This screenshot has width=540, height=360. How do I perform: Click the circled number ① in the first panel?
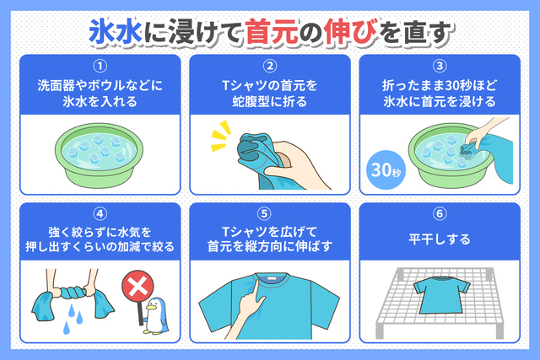point(100,66)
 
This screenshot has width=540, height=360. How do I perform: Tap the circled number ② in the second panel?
point(270,66)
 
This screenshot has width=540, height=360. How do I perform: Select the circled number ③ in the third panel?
point(440,66)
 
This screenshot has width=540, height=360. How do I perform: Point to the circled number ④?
point(100,214)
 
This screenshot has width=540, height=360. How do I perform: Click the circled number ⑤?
point(264,214)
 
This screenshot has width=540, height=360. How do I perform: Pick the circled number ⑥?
point(440,214)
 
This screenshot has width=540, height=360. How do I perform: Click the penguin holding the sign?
point(155,315)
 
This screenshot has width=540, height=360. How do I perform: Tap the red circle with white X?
point(138,287)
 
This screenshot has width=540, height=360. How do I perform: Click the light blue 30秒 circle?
point(386,170)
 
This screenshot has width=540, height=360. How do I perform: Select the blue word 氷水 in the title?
point(116,32)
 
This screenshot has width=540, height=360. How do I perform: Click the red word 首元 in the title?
point(272,32)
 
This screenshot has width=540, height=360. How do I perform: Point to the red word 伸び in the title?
point(349,32)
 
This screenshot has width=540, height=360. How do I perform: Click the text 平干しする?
point(440,239)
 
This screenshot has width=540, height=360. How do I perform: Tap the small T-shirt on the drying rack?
point(441,294)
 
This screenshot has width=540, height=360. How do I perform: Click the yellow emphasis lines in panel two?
point(220,136)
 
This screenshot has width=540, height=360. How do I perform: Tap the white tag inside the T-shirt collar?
point(270,277)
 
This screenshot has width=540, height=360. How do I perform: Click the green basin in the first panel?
point(100,155)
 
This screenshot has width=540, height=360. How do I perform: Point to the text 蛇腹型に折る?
point(270,102)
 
